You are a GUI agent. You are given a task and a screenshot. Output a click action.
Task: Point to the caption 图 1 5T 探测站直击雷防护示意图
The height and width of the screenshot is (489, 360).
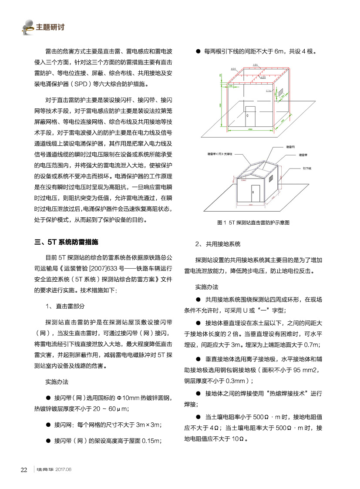click(253, 223)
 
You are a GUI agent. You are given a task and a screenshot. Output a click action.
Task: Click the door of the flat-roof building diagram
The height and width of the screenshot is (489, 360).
click(250, 115)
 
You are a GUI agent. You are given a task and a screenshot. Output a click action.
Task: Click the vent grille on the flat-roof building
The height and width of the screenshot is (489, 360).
click(281, 92)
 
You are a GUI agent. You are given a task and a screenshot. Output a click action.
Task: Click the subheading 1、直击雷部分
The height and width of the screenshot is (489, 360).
click(65, 306)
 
